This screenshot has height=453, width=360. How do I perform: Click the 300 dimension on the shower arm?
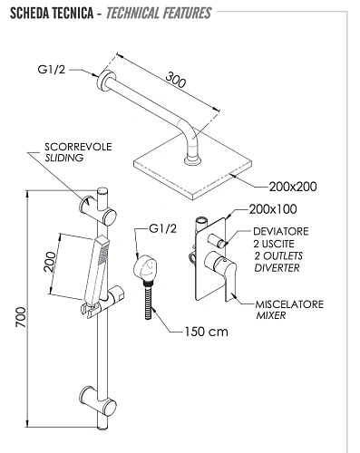(175, 80)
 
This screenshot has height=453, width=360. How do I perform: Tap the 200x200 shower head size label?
(293, 187)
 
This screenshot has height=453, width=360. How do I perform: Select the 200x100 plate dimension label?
(273, 209)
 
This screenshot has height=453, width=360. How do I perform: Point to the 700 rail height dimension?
(21, 317)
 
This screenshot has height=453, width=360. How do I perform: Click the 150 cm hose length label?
(207, 332)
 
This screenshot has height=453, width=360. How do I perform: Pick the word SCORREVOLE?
(78, 147)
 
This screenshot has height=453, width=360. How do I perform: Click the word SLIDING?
(64, 158)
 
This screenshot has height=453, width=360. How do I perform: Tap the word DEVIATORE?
(281, 231)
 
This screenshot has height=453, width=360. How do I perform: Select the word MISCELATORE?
(289, 304)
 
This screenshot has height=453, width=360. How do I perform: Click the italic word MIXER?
(271, 315)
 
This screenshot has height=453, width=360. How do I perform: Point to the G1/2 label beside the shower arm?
(52, 70)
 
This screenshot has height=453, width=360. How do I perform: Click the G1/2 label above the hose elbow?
(162, 228)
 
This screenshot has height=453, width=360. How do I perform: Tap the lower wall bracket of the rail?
(97, 400)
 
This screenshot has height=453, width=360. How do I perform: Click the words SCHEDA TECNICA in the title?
(52, 14)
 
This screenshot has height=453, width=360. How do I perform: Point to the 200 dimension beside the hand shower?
(50, 262)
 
